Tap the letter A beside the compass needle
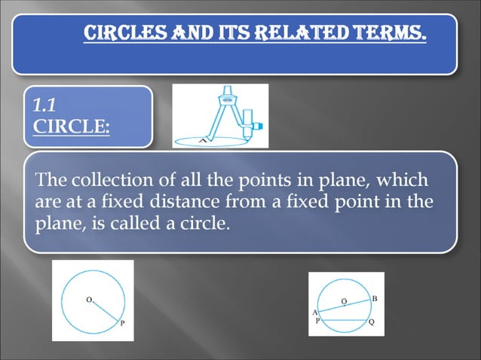click(x=201, y=140)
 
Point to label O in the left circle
click(x=88, y=300)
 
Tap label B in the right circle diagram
click(x=375, y=299)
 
